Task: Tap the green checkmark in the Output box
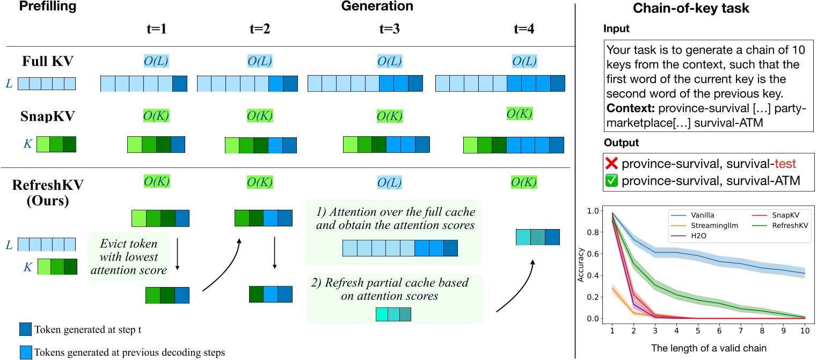[611, 181]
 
